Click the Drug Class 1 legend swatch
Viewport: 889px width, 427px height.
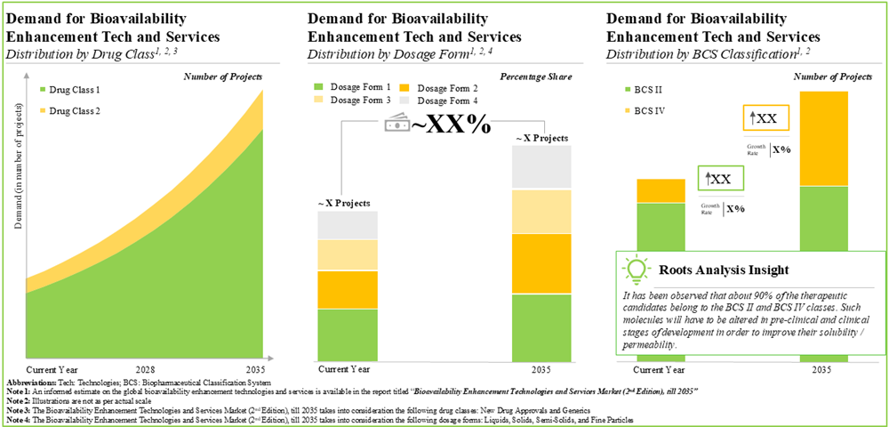pos(42,91)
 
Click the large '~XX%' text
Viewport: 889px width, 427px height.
pos(450,125)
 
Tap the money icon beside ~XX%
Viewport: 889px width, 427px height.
pos(396,125)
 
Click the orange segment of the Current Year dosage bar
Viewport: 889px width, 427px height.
pos(348,289)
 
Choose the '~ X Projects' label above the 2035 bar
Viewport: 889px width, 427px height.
pos(541,137)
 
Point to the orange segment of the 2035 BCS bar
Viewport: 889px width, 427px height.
pos(830,139)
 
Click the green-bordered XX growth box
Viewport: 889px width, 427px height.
pos(717,179)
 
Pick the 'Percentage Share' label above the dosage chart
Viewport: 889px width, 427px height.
pos(536,77)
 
